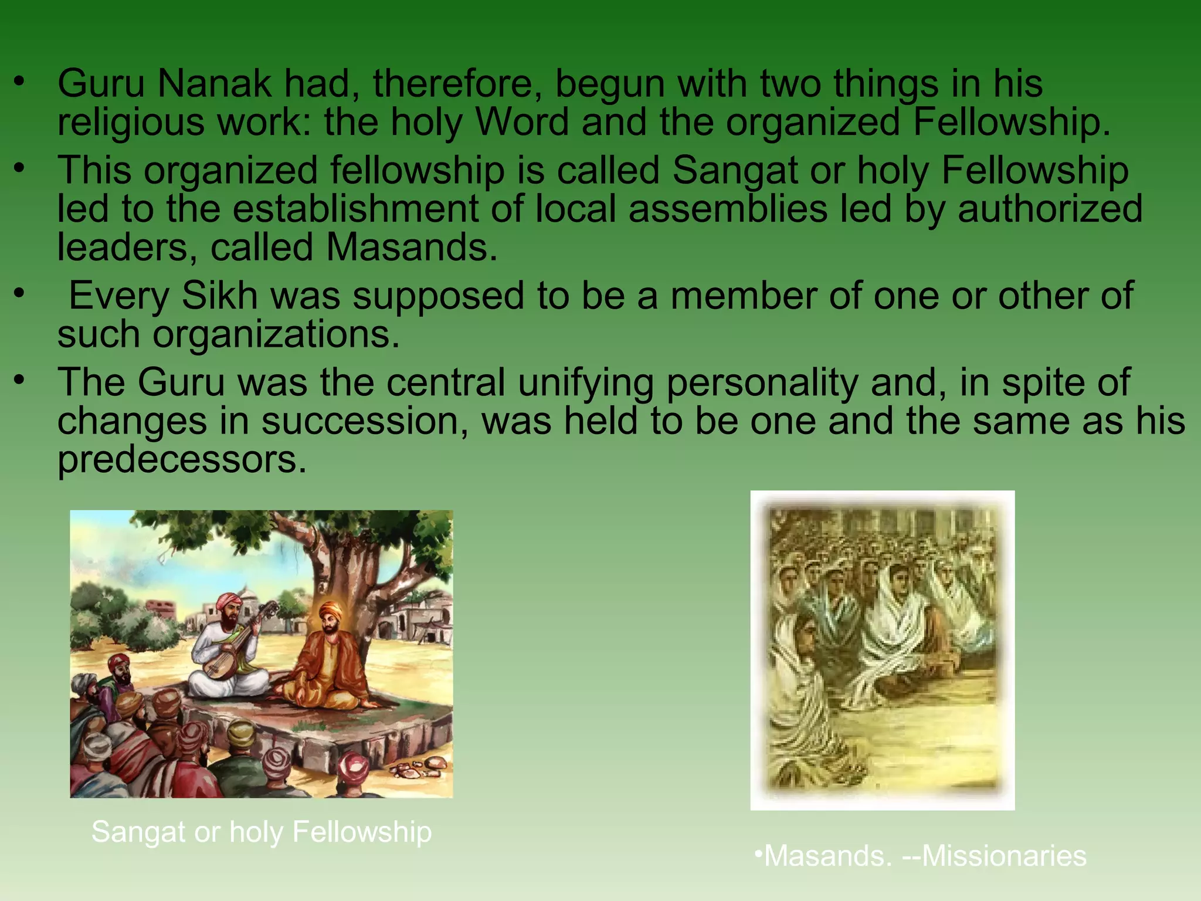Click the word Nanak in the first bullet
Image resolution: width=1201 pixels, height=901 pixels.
[x=213, y=84]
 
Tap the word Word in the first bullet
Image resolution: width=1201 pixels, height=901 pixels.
[x=521, y=123]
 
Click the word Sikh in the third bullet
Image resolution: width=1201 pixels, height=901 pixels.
[x=219, y=296]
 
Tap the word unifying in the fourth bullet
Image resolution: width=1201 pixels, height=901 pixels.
[x=586, y=382]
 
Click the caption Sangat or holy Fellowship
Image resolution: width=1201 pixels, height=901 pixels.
[x=262, y=832]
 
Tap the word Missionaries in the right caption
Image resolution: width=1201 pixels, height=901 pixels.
[x=1004, y=856]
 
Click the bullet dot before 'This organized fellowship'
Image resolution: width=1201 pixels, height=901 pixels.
[x=20, y=168]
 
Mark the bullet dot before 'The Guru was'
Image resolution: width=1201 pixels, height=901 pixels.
[x=20, y=380]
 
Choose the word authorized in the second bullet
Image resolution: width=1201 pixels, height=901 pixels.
[x=1050, y=209]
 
